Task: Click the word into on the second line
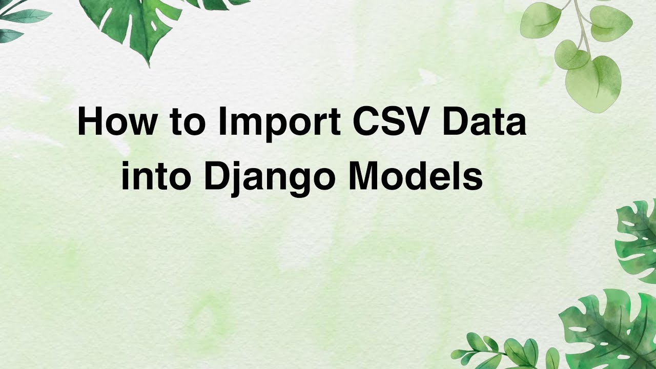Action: (154, 177)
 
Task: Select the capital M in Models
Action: (364, 177)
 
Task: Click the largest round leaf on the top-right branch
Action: (594, 83)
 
